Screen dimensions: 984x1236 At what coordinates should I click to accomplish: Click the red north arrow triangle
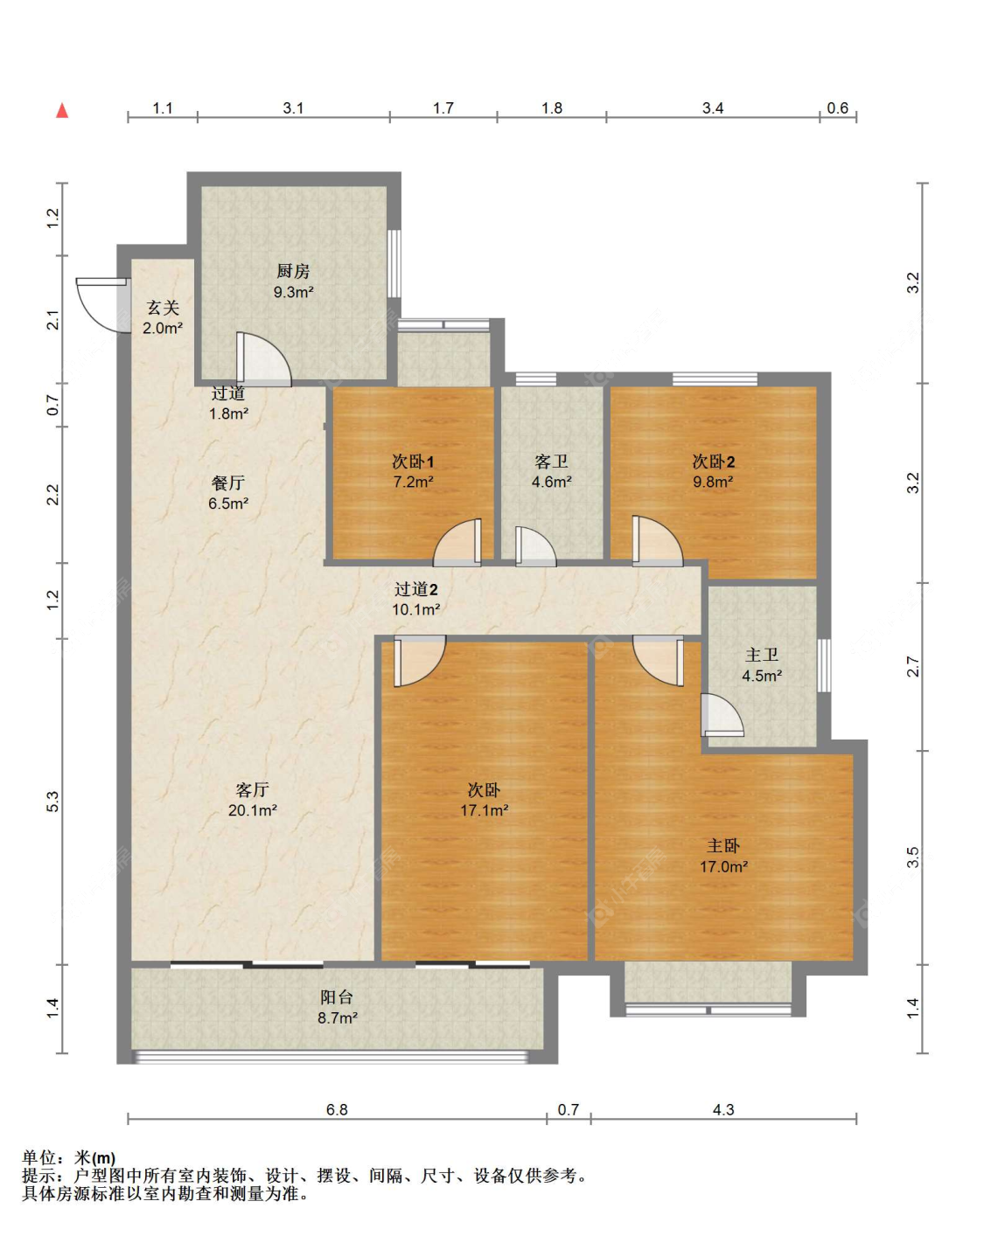pyautogui.click(x=62, y=111)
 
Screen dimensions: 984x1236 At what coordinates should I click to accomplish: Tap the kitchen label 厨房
pyautogui.click(x=292, y=270)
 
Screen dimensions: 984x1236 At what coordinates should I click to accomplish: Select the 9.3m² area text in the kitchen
pyautogui.click(x=293, y=292)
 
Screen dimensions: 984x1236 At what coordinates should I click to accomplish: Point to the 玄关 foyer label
pyautogui.click(x=163, y=308)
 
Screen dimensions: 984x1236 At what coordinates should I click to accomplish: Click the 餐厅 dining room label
pyautogui.click(x=228, y=483)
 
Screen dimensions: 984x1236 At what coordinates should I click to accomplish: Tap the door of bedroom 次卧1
pyautogui.click(x=457, y=542)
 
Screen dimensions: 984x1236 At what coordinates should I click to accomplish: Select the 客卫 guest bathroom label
pyautogui.click(x=551, y=462)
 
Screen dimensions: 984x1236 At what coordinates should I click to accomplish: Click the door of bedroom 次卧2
pyautogui.click(x=658, y=541)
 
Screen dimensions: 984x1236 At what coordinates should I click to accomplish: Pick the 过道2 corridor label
pyautogui.click(x=416, y=588)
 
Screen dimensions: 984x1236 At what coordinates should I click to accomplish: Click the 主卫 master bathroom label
pyautogui.click(x=762, y=655)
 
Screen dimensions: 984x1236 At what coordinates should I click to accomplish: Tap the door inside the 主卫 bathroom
pyautogui.click(x=722, y=715)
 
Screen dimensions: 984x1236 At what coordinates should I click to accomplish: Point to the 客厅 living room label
pyautogui.click(x=252, y=789)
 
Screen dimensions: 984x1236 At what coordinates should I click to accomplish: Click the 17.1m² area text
pyautogui.click(x=484, y=810)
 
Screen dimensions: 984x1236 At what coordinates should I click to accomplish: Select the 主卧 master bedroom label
pyautogui.click(x=723, y=845)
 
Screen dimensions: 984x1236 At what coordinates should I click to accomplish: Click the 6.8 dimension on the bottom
pyautogui.click(x=337, y=1109)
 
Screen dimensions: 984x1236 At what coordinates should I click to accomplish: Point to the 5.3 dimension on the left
pyautogui.click(x=52, y=802)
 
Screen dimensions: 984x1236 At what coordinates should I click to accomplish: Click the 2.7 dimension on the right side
pyautogui.click(x=913, y=666)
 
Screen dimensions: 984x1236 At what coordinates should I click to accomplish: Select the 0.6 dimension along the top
pyautogui.click(x=837, y=108)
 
